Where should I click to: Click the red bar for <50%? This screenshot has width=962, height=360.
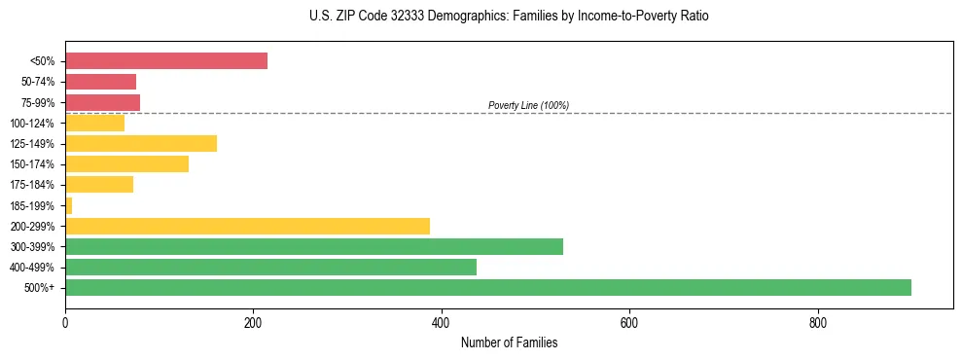pos(165,61)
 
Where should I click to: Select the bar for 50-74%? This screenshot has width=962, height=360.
pos(100,82)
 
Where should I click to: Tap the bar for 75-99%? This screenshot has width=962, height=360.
pos(102,102)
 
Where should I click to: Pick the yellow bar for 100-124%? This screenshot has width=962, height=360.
pos(94,123)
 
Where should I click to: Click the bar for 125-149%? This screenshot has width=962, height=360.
pos(140,143)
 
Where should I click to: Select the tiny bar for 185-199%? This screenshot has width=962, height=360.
pos(68,205)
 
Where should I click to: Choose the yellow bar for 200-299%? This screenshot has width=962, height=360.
pos(247,226)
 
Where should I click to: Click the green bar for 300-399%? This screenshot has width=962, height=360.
pos(313,246)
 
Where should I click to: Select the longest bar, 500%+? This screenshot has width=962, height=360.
pos(487,287)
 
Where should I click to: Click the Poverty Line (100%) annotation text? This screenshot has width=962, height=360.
pos(528,105)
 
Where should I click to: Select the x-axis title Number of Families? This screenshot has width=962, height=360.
pos(509,343)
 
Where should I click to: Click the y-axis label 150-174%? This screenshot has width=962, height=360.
pos(32,164)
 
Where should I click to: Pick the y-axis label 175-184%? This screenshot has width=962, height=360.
pos(32,185)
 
